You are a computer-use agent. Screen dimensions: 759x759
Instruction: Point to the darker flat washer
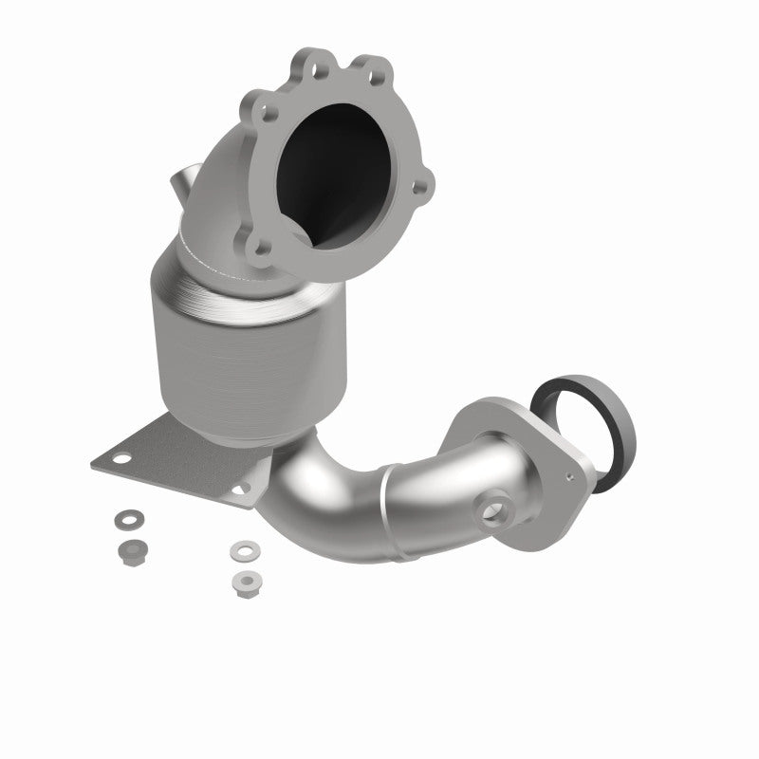(124, 519)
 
